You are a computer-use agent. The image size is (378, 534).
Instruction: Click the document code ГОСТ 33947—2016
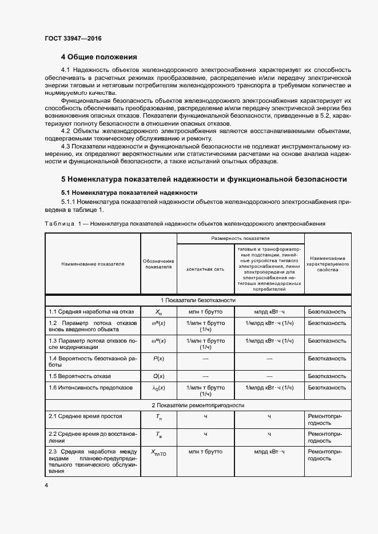click(x=73, y=39)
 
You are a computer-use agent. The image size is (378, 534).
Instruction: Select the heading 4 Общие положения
click(x=99, y=57)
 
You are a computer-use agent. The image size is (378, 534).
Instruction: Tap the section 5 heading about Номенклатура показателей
click(x=204, y=179)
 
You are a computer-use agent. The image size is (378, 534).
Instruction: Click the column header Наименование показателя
click(x=93, y=264)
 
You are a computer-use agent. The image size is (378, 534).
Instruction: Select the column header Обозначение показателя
click(x=158, y=264)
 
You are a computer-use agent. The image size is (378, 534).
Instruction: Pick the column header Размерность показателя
click(x=240, y=238)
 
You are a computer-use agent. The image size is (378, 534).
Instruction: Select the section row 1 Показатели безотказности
click(x=198, y=300)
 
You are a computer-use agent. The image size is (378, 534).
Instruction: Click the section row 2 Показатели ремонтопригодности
click(x=198, y=405)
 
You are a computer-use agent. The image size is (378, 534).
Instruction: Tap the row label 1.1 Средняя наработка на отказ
click(x=91, y=312)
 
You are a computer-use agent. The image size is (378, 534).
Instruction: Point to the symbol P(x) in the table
click(x=158, y=358)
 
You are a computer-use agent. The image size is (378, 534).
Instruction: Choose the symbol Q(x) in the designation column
click(x=158, y=376)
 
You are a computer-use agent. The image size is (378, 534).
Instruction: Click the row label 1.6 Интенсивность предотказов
click(x=90, y=388)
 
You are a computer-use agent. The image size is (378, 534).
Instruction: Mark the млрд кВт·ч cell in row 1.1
click(x=269, y=312)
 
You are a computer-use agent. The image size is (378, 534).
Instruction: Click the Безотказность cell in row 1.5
click(x=327, y=376)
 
